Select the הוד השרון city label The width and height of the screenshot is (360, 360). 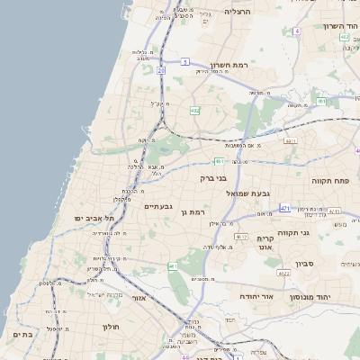(x=341, y=26)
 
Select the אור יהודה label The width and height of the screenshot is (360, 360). (x=257, y=295)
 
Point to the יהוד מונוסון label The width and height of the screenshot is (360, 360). (x=310, y=295)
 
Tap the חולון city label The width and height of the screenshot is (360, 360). (x=112, y=327)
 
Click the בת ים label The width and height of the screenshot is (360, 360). (x=22, y=334)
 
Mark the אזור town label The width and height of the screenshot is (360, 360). (x=139, y=298)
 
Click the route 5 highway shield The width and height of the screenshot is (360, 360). (x=185, y=61)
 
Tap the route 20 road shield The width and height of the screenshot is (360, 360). (x=161, y=68)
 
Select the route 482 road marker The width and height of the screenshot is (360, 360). (x=195, y=110)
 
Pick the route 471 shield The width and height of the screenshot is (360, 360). (x=284, y=208)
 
